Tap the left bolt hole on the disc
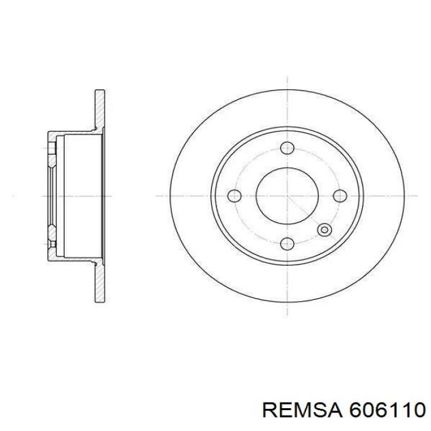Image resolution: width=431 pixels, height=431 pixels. pyautogui.click(x=235, y=196)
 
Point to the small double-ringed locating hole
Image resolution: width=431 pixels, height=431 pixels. pyautogui.click(x=323, y=230)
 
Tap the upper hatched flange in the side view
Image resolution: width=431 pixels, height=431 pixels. pyautogui.click(x=99, y=111)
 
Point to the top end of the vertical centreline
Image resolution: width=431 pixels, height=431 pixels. pyautogui.click(x=288, y=77)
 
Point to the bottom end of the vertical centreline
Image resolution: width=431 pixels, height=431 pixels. pyautogui.click(x=288, y=315)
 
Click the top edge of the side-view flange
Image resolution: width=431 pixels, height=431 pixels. pyautogui.click(x=99, y=91)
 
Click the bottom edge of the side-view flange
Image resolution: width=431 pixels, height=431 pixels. pyautogui.click(x=99, y=301)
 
